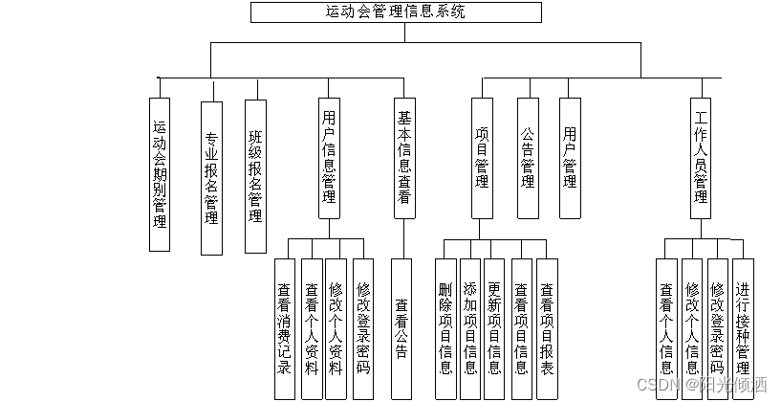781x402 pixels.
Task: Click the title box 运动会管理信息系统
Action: [395, 12]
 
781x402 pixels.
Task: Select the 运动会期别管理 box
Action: [160, 174]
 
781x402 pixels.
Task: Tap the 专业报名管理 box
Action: [211, 177]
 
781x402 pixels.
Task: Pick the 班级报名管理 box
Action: [255, 176]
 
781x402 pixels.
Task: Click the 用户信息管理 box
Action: [329, 158]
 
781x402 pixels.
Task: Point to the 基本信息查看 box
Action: [404, 158]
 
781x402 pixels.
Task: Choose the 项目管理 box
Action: [482, 158]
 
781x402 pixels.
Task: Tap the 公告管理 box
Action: [527, 158]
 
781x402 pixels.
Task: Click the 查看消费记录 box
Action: [284, 327]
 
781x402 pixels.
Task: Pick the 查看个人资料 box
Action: [311, 327]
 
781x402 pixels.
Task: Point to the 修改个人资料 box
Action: [336, 327]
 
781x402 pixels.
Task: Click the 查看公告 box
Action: [402, 327]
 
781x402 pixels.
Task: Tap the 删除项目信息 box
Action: [445, 327]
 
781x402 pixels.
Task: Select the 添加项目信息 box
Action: [469, 327]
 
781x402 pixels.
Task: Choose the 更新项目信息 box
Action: [494, 327]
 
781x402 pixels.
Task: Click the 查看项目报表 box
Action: [546, 327]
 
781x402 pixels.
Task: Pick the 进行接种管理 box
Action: [743, 327]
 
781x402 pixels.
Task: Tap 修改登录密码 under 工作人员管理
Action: [718, 327]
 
